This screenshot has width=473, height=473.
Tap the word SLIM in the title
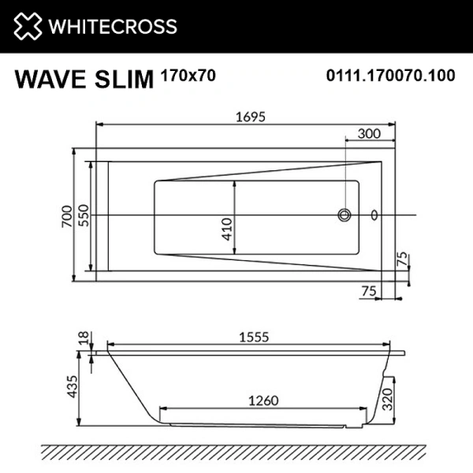pyautogui.click(x=126, y=80)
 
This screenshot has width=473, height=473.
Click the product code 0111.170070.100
pyautogui.click(x=391, y=76)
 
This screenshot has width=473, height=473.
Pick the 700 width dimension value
pyautogui.click(x=67, y=214)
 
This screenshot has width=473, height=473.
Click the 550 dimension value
pyautogui.click(x=84, y=214)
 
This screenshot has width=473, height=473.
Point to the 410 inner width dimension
pyautogui.click(x=226, y=227)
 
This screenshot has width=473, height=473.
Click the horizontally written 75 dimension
pyautogui.click(x=368, y=291)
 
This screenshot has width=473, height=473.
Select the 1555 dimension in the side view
pyautogui.click(x=254, y=336)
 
